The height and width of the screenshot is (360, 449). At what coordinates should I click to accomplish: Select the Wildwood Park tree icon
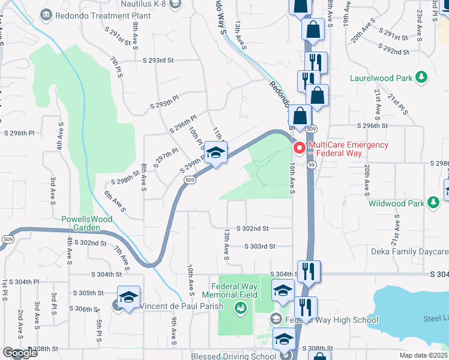pyautogui.click(x=433, y=203)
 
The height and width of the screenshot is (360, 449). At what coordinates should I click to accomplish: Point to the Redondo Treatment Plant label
pyautogui.click(x=84, y=13)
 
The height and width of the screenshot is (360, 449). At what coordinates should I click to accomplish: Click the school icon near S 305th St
pyautogui.click(x=128, y=298)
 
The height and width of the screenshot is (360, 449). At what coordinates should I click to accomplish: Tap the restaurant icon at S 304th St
pyautogui.click(x=309, y=271)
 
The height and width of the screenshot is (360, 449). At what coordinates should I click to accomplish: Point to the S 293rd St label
pyautogui.click(x=158, y=61)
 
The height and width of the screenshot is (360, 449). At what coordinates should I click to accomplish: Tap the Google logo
pyautogui.click(x=20, y=353)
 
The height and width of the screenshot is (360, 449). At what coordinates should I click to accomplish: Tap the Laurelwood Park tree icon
pyautogui.click(x=422, y=77)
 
